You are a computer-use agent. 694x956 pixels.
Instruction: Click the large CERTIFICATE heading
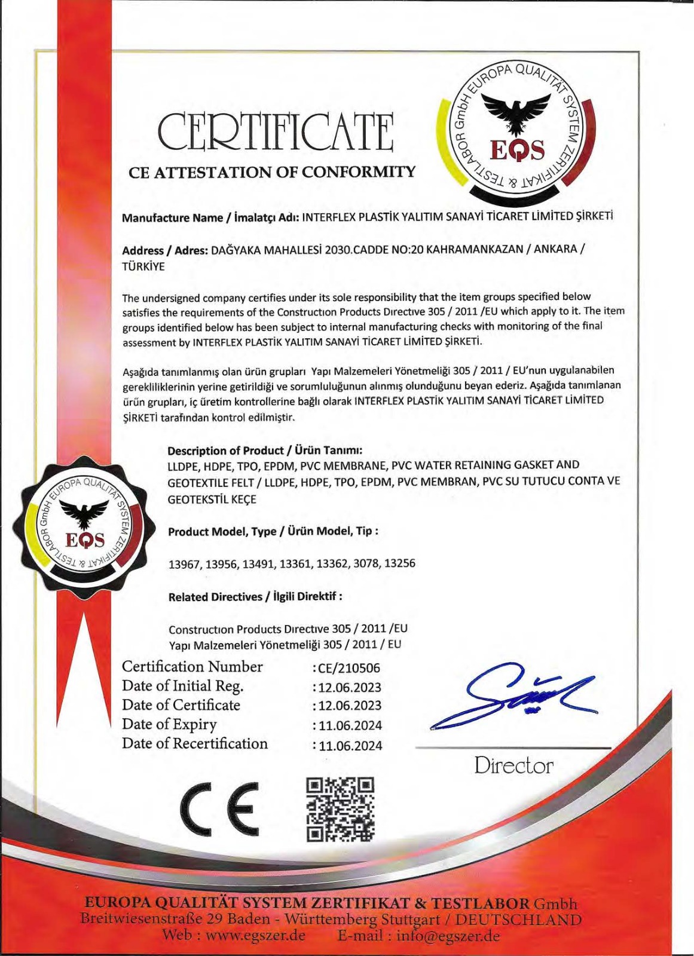click(276, 132)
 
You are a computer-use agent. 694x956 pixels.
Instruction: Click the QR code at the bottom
click(340, 810)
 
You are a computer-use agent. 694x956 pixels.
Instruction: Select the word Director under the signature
click(513, 765)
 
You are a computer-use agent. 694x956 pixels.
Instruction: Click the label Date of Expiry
click(169, 725)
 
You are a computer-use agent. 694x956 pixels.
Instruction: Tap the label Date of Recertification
click(195, 744)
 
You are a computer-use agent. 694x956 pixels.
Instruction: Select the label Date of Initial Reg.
click(182, 686)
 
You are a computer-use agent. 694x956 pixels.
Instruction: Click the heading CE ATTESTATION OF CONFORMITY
click(272, 173)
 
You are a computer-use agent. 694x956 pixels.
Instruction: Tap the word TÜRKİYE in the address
click(143, 266)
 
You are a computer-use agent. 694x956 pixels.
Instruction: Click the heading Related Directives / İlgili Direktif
click(255, 597)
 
